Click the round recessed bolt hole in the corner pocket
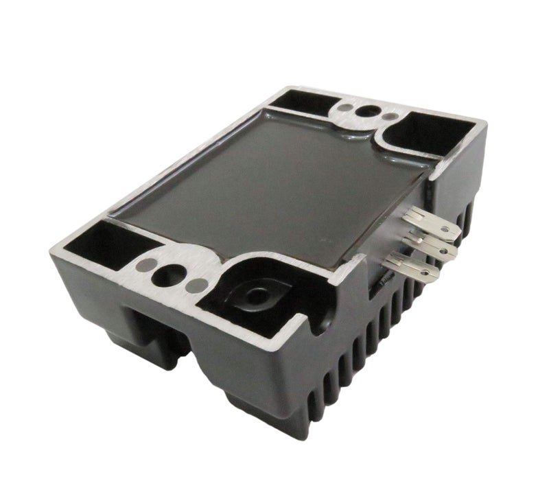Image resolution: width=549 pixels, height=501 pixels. point(260,296)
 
